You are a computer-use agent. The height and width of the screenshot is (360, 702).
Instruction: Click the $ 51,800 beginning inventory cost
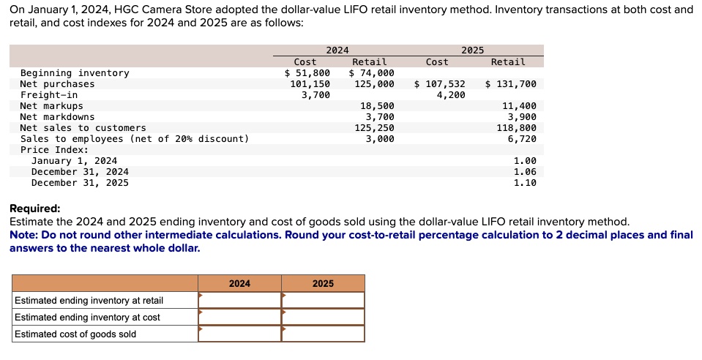tap(307, 73)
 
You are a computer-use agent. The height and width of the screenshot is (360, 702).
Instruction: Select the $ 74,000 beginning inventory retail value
tap(371, 73)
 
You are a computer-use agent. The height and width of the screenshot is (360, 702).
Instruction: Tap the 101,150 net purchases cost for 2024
tap(310, 84)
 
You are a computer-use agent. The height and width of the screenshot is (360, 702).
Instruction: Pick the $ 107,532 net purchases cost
tap(439, 84)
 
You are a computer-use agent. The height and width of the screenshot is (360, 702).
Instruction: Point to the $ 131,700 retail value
tap(510, 84)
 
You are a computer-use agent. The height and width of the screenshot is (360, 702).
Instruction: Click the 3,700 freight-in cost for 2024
tap(315, 95)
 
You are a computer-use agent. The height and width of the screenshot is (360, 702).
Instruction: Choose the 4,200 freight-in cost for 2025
tap(450, 95)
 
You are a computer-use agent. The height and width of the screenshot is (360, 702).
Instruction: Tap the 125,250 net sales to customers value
tap(374, 128)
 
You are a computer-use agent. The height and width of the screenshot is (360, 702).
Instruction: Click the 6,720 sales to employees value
tap(522, 139)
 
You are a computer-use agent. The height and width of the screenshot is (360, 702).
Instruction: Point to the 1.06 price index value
tap(525, 172)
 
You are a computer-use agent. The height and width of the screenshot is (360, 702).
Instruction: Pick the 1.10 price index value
tap(525, 183)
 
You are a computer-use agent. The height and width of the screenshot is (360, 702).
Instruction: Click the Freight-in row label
tap(49, 95)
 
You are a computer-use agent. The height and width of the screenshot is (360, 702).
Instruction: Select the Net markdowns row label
tap(57, 117)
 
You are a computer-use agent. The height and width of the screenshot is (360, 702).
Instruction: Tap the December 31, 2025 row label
tap(80, 183)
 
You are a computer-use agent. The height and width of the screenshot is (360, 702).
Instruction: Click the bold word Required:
tap(35, 209)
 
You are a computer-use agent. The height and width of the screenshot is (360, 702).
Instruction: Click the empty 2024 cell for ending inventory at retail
tap(239, 301)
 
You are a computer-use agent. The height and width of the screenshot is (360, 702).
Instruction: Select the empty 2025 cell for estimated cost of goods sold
tap(323, 334)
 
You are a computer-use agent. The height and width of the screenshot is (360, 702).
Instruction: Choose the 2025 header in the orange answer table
tap(323, 283)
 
